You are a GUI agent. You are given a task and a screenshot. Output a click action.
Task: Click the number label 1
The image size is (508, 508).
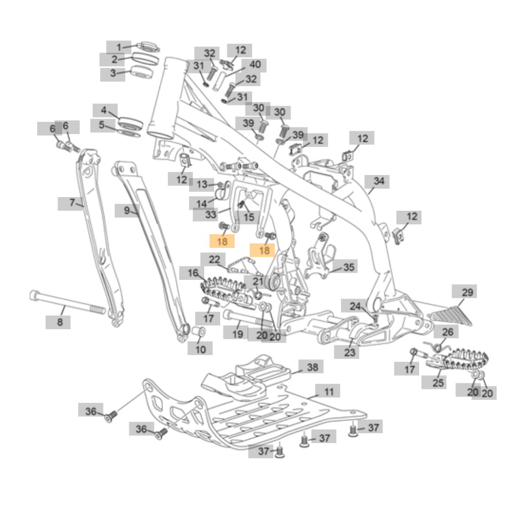[x=119, y=47]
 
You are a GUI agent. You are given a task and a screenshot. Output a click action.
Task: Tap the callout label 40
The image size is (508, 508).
[x=254, y=65]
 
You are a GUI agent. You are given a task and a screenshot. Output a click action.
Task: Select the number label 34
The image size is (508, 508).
[x=379, y=181]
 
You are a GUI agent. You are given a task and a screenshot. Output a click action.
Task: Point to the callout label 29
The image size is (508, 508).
[x=467, y=293]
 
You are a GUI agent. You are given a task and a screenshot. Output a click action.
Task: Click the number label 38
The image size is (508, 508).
[x=312, y=367]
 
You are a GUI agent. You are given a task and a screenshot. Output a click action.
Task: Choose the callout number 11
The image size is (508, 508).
[x=328, y=391]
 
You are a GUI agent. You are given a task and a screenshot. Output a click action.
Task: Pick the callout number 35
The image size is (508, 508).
[x=348, y=268]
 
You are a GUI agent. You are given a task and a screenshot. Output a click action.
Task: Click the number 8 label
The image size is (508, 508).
[x=59, y=322]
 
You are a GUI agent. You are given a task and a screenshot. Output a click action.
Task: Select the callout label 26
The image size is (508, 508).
[x=447, y=332]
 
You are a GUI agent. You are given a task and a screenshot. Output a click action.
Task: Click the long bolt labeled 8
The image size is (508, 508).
[x=66, y=303]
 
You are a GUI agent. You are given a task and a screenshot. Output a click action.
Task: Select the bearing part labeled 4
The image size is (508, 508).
[x=130, y=121]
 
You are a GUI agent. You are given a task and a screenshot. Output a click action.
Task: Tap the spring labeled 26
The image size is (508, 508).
[x=437, y=347]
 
